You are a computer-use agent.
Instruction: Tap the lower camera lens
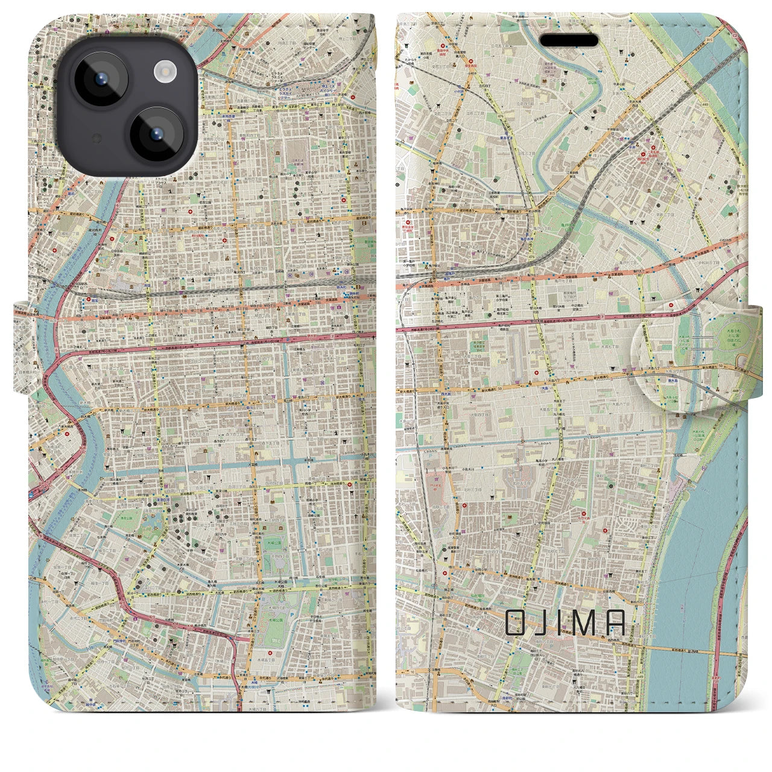pos(156,134)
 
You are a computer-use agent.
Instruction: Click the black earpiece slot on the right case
pos(569,41)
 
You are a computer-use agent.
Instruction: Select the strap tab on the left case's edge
pos(22,350)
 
